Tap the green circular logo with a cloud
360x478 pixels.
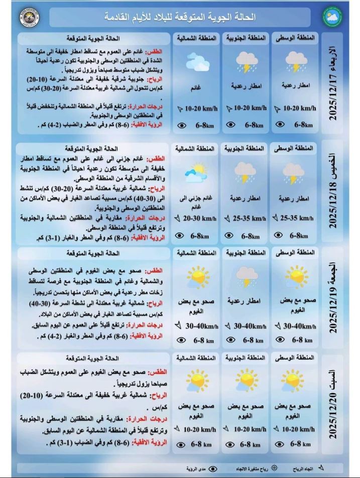[x=330, y=17]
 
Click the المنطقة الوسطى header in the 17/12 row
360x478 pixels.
[x=295, y=38]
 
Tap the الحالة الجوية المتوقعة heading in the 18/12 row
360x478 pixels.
[x=91, y=149]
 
